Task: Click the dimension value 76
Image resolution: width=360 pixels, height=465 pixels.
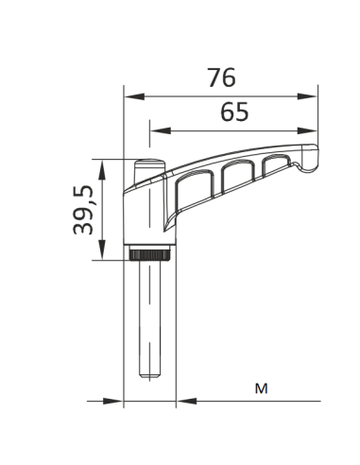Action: click(220, 77)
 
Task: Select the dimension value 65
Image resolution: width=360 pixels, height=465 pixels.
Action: click(233, 112)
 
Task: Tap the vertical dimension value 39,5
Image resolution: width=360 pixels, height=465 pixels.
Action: click(84, 209)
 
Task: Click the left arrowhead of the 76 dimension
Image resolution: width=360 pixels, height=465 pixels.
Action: click(130, 95)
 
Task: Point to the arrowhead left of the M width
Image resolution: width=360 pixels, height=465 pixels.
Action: click(118, 402)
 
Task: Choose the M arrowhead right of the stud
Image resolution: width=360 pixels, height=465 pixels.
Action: click(182, 402)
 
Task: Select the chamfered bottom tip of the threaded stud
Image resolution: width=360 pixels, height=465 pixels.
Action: click(149, 374)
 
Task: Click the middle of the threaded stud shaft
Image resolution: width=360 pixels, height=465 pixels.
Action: click(149, 317)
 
